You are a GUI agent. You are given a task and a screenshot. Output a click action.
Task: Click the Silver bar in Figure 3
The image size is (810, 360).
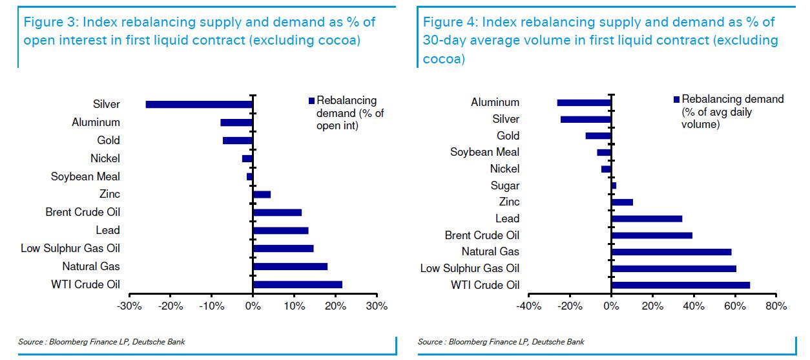199,104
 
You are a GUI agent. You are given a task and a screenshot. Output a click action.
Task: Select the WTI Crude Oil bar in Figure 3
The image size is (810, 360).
297,284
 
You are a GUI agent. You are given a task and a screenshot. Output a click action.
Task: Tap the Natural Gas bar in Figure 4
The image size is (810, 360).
671,251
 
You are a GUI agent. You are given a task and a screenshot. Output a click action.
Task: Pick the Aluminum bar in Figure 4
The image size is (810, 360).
584,102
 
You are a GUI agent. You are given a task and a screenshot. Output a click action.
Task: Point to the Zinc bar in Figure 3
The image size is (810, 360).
262,194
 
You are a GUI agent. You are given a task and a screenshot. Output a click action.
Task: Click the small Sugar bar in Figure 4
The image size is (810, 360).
614,185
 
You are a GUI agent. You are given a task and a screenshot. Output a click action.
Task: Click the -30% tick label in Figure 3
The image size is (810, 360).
129,306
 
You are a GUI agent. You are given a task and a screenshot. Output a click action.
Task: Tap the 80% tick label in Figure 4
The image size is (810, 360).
775,306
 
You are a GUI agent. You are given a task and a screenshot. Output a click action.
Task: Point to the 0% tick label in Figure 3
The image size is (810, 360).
253,306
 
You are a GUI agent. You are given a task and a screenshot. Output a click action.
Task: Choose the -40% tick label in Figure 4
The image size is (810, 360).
528,306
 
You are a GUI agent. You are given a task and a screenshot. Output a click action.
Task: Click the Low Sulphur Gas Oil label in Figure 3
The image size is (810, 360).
70,248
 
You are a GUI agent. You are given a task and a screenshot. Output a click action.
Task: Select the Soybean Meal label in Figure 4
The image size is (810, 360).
484,153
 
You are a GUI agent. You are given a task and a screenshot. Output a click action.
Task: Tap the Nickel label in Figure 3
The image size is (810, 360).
105,158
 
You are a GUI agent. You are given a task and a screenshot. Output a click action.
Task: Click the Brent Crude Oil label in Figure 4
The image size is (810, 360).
482,235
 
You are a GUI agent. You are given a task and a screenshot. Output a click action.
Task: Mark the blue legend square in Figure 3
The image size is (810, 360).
311,101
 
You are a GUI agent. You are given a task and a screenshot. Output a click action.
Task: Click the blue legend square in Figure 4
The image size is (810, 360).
676,100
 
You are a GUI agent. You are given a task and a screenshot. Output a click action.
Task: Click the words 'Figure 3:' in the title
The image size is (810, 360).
48,22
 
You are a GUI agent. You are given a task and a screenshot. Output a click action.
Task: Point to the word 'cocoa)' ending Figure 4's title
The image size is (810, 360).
443,59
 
